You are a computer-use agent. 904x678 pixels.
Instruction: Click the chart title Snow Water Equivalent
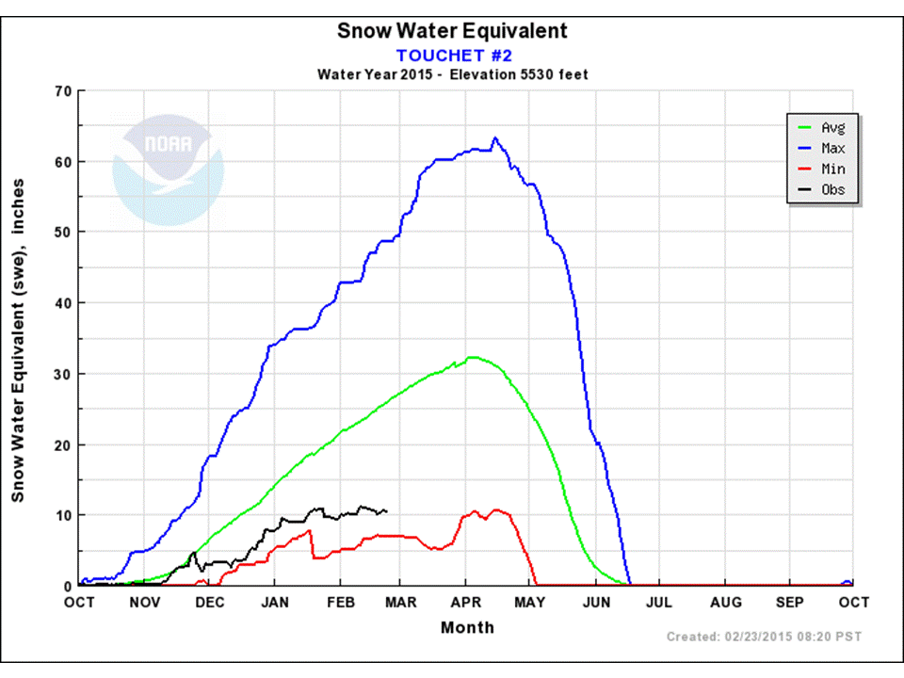click(x=452, y=30)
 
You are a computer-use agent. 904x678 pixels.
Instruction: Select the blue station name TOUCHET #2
click(x=453, y=55)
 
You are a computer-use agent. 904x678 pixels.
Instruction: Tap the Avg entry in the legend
click(x=832, y=127)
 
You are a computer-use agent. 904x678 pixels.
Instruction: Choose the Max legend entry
click(x=832, y=148)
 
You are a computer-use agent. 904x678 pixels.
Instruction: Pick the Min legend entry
click(x=832, y=169)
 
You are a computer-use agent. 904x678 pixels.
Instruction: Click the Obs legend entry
click(x=832, y=189)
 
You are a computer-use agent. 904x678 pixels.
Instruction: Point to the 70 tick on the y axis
click(x=63, y=90)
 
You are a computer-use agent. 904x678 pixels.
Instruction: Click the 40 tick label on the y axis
click(x=63, y=302)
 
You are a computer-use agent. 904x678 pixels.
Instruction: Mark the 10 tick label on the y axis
click(x=63, y=515)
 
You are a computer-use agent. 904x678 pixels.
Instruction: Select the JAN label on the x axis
click(x=274, y=602)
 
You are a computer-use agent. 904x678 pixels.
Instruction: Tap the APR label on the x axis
click(x=467, y=602)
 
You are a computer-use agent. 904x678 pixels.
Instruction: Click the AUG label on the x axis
click(x=725, y=602)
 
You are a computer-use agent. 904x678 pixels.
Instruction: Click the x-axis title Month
click(x=466, y=627)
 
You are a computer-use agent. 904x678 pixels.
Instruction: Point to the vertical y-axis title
click(x=19, y=338)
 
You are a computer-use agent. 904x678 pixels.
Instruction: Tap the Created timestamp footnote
click(x=763, y=638)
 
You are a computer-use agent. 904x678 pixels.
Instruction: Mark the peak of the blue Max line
click(x=494, y=137)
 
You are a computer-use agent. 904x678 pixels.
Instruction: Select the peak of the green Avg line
click(x=473, y=357)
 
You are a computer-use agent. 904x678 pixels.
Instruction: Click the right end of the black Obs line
click(x=386, y=511)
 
